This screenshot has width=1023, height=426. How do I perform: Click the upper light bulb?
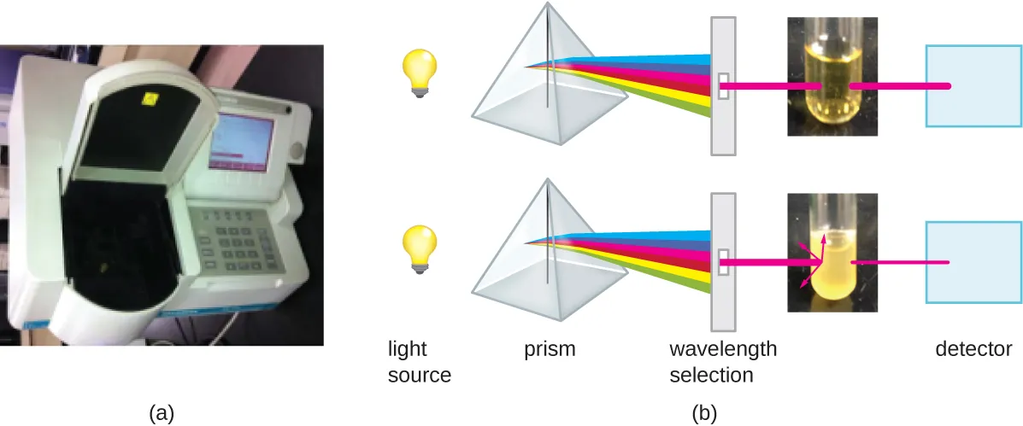[420, 71]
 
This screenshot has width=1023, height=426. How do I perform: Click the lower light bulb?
[420, 248]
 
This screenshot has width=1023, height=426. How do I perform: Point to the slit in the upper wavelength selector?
[723, 85]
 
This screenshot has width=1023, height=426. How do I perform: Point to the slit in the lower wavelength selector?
[723, 260]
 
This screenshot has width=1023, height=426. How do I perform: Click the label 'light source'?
[419, 362]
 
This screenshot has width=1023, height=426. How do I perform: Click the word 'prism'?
[550, 349]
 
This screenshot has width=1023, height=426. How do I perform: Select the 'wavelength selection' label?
[722, 362]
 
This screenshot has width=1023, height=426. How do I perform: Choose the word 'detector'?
[973, 349]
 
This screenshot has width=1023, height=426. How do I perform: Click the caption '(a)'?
[162, 412]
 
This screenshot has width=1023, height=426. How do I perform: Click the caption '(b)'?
[703, 412]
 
